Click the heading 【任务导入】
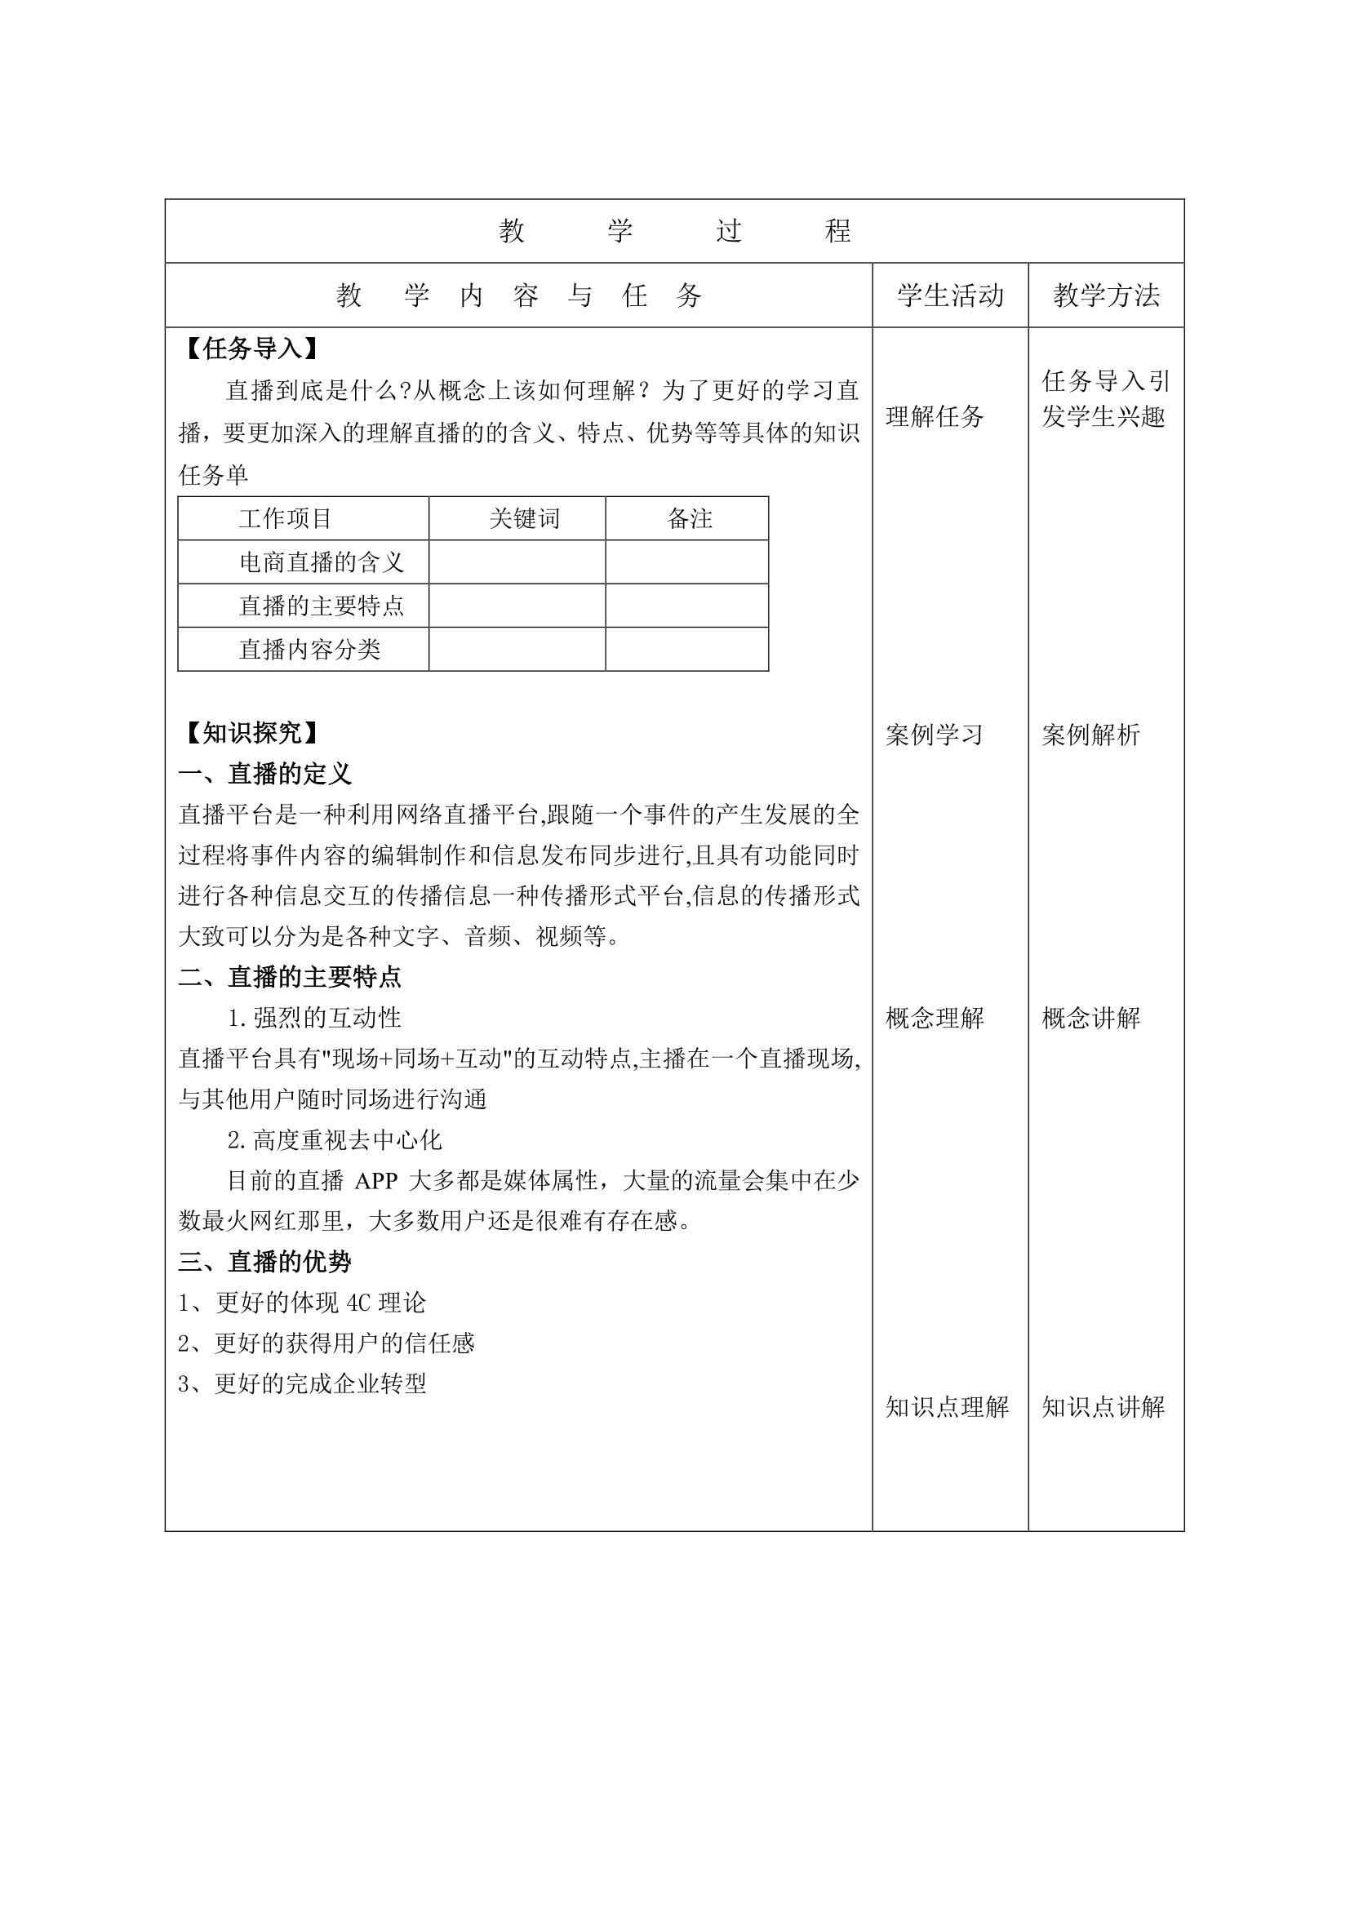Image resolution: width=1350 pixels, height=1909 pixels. point(251,349)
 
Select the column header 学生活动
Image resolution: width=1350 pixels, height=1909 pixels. point(949,295)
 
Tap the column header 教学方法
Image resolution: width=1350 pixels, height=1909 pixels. point(1106,295)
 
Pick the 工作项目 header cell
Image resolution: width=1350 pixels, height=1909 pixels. point(285,519)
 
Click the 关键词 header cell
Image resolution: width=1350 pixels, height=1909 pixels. point(525,519)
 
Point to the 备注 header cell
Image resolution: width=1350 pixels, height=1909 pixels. point(689,519)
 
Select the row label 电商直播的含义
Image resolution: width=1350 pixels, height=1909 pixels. point(322,563)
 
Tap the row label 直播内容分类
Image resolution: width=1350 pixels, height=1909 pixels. point(309,650)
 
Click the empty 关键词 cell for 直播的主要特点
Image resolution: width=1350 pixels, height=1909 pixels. point(517,606)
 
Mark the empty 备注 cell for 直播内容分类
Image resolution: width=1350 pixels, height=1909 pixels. point(686,650)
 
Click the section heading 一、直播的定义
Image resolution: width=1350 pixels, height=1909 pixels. point(265,774)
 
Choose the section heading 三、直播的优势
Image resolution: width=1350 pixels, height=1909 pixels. point(265,1262)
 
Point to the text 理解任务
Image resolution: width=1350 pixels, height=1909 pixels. point(935,416)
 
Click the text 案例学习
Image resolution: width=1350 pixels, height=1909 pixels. point(935,735)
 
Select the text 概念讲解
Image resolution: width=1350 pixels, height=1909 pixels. point(1090,1018)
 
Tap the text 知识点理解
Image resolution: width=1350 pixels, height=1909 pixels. point(947,1407)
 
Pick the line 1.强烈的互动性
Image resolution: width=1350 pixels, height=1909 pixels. point(315,1018)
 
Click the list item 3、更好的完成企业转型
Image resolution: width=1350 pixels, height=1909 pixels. point(303,1383)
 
